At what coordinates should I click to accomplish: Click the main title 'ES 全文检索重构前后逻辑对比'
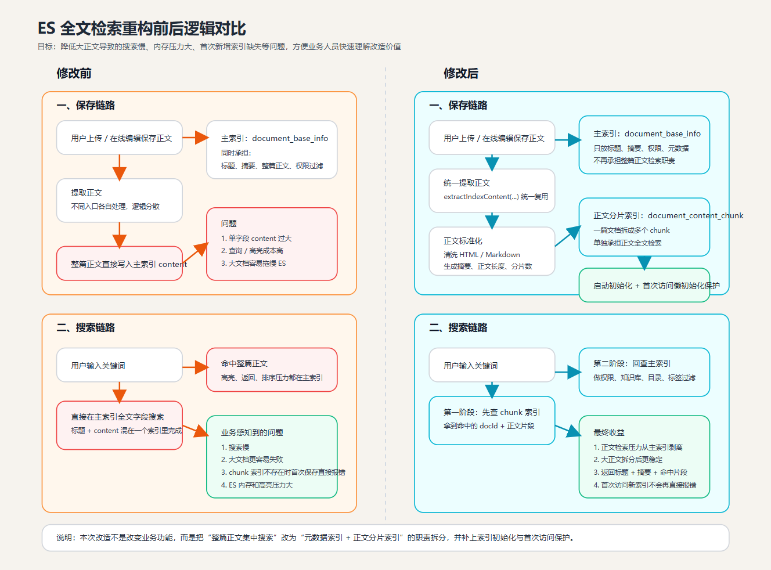click(142, 28)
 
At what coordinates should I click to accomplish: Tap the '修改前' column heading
click(74, 73)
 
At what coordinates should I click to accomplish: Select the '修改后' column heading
click(461, 73)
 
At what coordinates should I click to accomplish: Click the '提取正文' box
click(119, 200)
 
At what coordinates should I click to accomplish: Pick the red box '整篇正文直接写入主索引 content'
click(119, 264)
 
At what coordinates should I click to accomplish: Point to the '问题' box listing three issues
click(272, 244)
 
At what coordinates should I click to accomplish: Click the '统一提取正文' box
click(492, 190)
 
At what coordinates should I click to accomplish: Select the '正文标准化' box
click(492, 251)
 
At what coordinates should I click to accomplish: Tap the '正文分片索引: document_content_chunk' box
click(644, 227)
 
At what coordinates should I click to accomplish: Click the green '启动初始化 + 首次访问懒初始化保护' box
click(644, 285)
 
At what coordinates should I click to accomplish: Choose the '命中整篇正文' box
click(272, 370)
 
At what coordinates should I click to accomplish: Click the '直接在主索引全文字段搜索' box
click(119, 425)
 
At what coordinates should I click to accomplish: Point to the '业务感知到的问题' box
click(272, 457)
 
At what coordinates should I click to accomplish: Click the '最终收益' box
click(644, 457)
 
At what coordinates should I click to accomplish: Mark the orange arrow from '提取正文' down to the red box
click(120, 235)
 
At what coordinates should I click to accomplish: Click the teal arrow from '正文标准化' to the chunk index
click(567, 236)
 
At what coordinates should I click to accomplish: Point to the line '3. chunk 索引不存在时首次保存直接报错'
click(283, 472)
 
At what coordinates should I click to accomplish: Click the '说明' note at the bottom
click(385, 537)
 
